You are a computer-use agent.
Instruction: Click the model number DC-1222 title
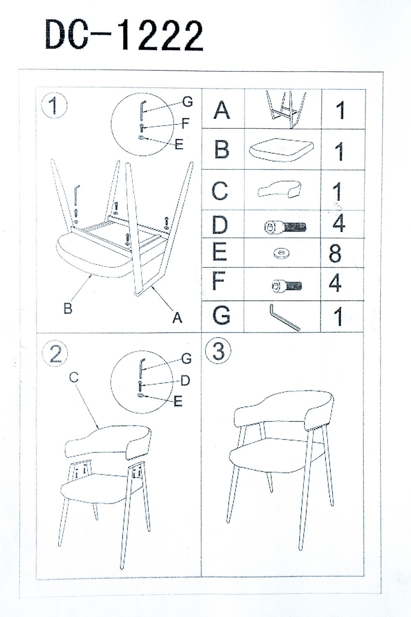click(124, 36)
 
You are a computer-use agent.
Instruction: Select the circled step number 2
click(55, 354)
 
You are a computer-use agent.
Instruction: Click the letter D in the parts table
click(220, 225)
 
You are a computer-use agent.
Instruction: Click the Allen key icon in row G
click(284, 316)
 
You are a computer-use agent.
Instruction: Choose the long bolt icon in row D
click(285, 226)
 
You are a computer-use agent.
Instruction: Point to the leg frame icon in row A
click(286, 109)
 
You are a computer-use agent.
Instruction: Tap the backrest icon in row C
click(279, 189)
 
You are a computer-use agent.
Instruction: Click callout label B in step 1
click(68, 308)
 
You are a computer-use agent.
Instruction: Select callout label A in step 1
click(177, 317)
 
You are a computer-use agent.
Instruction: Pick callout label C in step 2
click(74, 378)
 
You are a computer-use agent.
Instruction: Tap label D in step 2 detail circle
click(185, 380)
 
